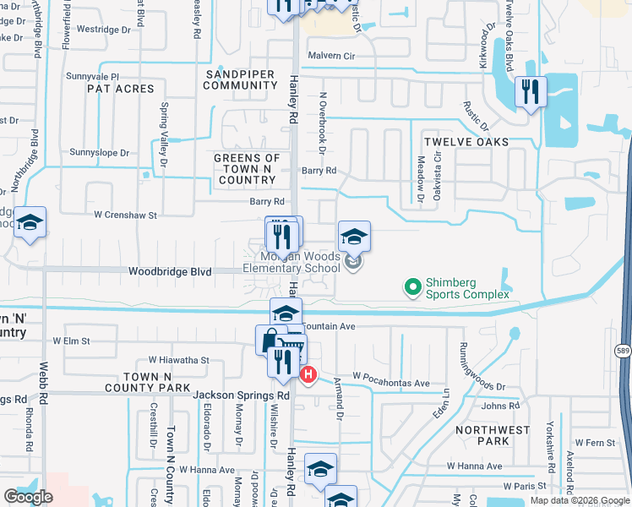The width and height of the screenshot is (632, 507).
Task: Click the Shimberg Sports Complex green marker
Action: pos(413,288)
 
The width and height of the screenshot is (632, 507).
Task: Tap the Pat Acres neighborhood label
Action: pos(121,88)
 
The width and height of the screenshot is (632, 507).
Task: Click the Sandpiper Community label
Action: pos(240,79)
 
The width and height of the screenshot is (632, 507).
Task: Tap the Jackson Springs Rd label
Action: pos(241,395)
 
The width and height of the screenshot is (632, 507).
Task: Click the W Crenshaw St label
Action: pos(125,215)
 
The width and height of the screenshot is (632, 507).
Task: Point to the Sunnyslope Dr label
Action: pos(100,153)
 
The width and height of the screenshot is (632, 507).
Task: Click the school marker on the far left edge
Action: pos(29,224)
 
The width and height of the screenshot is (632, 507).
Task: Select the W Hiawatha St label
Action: pos(178,360)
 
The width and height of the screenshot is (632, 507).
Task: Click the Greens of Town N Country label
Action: pos(247,169)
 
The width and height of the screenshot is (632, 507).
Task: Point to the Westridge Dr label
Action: pos(105,30)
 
